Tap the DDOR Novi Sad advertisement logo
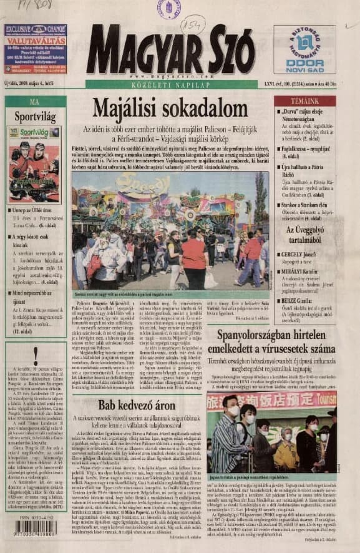click(x=305, y=49)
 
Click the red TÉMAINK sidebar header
click(x=304, y=100)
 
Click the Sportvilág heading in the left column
click(x=35, y=116)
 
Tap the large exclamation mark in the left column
click(x=35, y=356)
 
